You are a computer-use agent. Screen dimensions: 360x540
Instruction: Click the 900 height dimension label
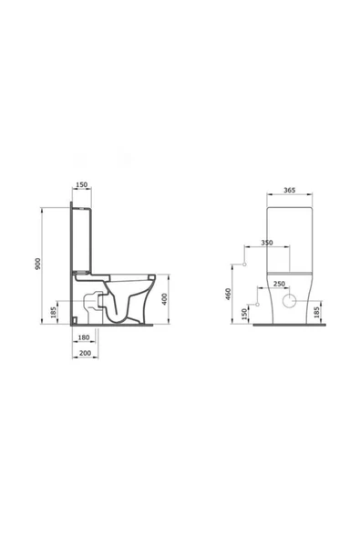[38, 264]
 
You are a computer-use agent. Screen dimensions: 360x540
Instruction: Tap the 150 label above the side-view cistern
[81, 185]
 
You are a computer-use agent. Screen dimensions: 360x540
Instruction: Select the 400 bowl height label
[165, 299]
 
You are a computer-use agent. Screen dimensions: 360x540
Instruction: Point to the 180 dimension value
[84, 337]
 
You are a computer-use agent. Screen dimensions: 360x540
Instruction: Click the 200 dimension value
[85, 353]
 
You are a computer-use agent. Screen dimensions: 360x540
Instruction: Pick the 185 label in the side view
[54, 312]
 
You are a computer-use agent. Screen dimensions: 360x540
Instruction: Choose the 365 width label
[290, 190]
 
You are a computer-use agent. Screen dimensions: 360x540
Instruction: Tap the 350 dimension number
[267, 243]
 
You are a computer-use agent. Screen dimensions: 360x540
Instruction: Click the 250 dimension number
[279, 284]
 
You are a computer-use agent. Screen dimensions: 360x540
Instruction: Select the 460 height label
[228, 294]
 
